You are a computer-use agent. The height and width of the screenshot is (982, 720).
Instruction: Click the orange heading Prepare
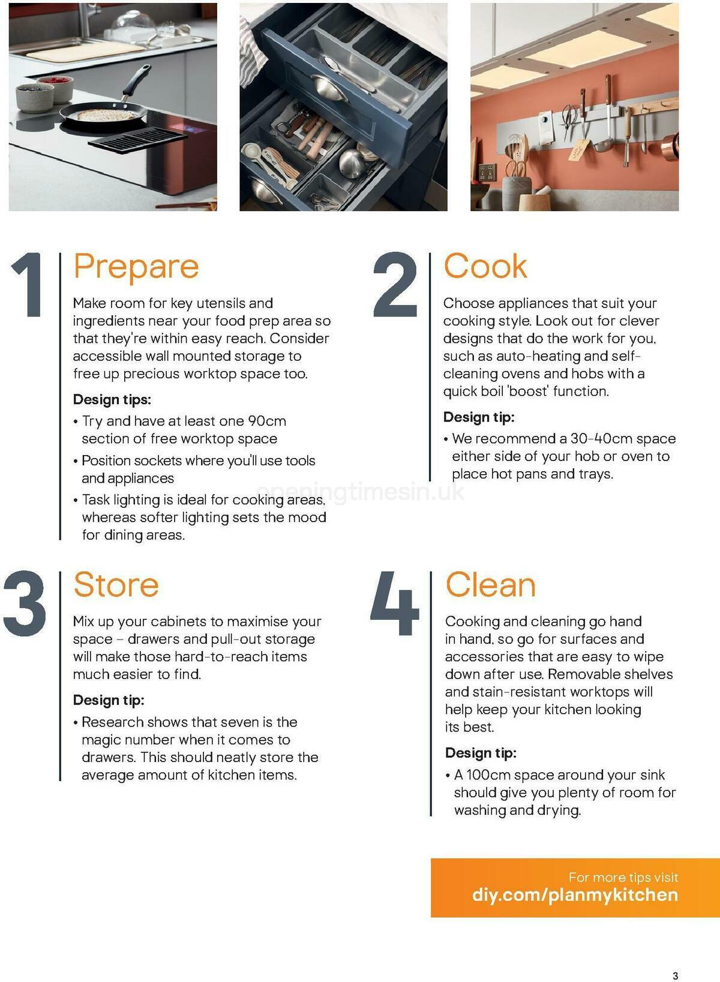point(136,267)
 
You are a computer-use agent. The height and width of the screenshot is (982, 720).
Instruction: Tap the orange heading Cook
point(485,266)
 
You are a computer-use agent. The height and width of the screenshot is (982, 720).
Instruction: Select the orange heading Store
point(116,585)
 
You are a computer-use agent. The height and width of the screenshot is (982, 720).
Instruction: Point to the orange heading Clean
point(490,585)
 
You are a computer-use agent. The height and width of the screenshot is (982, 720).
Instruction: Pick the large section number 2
point(395,285)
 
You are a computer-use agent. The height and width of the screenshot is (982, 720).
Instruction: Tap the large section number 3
point(25,604)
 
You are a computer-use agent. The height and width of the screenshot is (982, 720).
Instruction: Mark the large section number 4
point(394,604)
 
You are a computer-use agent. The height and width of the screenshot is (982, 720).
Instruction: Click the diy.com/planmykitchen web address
point(575,895)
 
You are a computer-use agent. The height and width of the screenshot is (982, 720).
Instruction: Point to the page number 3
point(675,975)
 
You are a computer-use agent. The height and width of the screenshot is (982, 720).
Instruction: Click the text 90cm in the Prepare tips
point(267,421)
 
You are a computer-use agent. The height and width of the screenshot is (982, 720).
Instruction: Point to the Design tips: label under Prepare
point(112,399)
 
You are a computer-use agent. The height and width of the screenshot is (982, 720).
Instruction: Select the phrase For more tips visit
point(623,878)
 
